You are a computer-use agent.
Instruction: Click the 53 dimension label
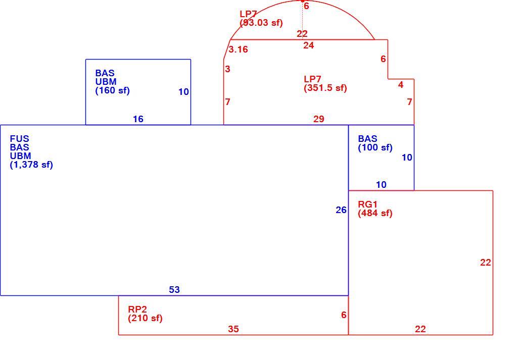(x=174, y=290)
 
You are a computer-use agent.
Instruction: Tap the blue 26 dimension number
(x=341, y=210)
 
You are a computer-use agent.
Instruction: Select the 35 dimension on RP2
(x=233, y=329)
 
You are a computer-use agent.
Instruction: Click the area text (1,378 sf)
(x=31, y=164)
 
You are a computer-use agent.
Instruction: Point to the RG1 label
(x=367, y=204)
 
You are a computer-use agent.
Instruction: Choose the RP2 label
(x=137, y=310)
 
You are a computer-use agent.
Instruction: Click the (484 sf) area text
(x=375, y=213)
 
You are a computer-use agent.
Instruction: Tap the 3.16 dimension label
(x=238, y=49)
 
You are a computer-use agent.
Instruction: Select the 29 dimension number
(x=319, y=119)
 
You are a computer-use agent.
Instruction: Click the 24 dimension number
(x=309, y=45)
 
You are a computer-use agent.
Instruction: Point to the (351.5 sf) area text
(x=325, y=88)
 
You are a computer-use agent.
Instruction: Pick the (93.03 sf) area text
(x=261, y=23)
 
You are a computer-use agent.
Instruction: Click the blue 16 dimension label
(x=138, y=119)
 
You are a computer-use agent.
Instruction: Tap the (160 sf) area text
(x=112, y=90)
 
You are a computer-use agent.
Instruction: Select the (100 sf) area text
(x=375, y=147)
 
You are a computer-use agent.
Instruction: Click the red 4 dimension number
(x=401, y=85)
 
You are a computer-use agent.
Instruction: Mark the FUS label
(x=20, y=138)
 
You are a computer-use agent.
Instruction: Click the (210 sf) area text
(x=145, y=319)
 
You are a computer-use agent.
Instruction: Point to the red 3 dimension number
(x=227, y=69)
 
